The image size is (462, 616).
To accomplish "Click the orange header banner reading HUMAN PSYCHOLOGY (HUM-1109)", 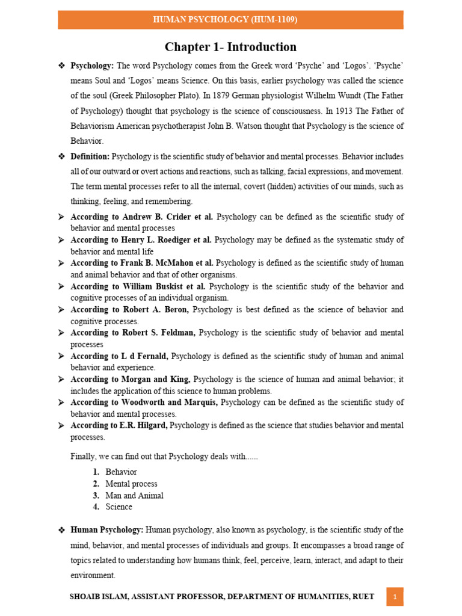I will pyautogui.click(x=230, y=20).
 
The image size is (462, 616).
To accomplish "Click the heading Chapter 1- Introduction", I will pyautogui.click(x=230, y=47).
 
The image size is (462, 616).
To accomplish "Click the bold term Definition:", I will pyautogui.click(x=90, y=156).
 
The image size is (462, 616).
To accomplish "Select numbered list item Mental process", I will pyautogui.click(x=131, y=484).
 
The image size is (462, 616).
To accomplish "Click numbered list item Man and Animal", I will pyautogui.click(x=134, y=496).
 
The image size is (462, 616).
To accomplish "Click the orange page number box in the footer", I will pyautogui.click(x=395, y=597).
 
